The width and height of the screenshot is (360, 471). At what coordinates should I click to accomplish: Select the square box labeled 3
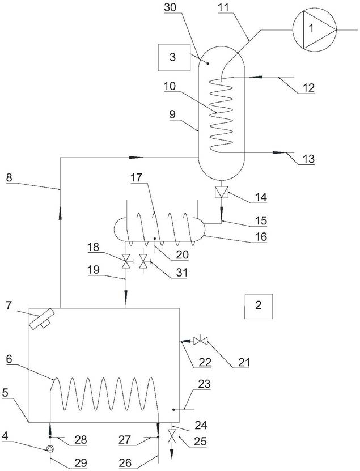click(174, 57)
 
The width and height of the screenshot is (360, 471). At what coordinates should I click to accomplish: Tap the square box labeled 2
click(259, 306)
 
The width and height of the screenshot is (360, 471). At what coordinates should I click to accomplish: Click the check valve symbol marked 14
click(222, 192)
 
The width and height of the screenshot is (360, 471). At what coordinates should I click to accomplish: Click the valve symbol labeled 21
click(201, 341)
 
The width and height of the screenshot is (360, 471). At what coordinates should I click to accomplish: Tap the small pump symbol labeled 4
click(50, 449)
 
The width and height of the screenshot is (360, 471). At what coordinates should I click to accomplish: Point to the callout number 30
click(170, 7)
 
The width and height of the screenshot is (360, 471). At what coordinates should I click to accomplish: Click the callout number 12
click(308, 88)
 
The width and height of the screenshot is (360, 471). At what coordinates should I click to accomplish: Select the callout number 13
click(308, 158)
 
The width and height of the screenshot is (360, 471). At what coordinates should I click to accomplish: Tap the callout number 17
click(136, 178)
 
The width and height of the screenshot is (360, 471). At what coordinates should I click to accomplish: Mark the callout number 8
click(9, 177)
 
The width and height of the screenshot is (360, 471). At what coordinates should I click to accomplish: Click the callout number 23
click(204, 384)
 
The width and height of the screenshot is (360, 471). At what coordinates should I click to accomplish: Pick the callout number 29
click(81, 462)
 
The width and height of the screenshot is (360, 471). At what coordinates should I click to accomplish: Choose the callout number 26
click(125, 462)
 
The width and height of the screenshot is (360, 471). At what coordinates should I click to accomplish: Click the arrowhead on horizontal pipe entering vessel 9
click(137, 157)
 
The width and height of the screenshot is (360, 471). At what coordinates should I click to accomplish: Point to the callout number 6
click(10, 359)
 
